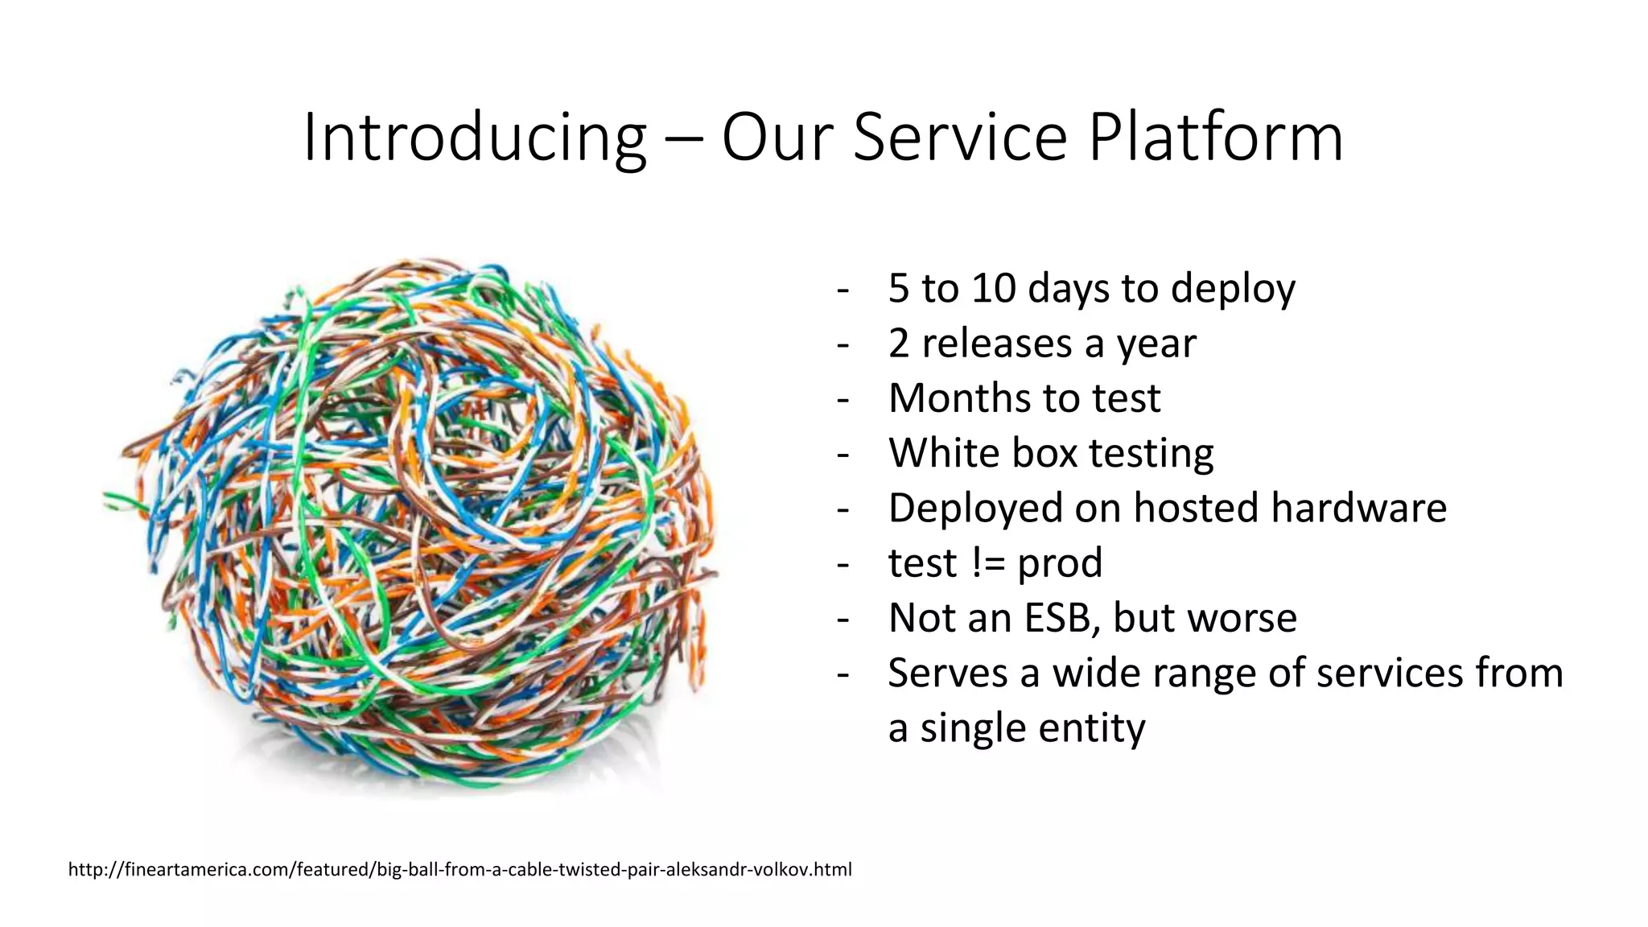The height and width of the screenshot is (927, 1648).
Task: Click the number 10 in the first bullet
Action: [994, 288]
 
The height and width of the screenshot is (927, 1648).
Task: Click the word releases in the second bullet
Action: [996, 344]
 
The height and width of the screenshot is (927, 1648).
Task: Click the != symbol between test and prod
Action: [988, 562]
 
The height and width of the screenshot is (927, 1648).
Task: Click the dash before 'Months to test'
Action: [843, 399]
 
